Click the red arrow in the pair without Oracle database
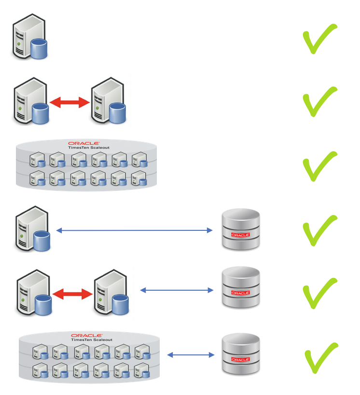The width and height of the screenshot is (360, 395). [70, 102]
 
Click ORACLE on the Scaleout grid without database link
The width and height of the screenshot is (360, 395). [84, 143]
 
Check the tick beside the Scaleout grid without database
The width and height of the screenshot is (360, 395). [319, 166]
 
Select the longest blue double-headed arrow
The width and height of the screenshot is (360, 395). [134, 231]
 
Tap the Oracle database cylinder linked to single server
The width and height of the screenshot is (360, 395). [240, 229]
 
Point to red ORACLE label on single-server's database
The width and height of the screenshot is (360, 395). [240, 235]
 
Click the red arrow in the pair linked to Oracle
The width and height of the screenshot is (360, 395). [72, 294]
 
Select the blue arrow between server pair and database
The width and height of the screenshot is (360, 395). [177, 290]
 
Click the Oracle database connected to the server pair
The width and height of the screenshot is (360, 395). [240, 288]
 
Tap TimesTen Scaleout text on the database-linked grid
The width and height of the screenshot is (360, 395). [87, 340]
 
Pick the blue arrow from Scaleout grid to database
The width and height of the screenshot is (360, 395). [191, 355]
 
